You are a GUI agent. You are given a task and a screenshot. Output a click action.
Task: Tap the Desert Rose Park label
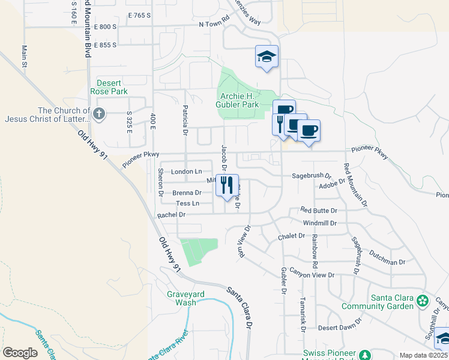click(x=109, y=87)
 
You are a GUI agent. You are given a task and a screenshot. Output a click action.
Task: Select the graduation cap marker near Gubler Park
click(x=267, y=57)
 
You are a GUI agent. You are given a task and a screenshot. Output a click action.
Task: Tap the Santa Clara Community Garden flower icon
click(x=423, y=300)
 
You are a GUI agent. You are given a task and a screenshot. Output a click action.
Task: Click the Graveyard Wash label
click(x=182, y=298)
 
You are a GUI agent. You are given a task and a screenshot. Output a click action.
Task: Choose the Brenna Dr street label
click(x=187, y=193)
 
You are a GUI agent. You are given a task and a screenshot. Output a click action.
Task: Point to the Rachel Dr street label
click(x=172, y=215)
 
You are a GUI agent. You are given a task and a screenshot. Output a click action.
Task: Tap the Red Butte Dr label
click(x=319, y=211)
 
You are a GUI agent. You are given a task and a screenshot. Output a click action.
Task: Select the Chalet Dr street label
click(x=292, y=236)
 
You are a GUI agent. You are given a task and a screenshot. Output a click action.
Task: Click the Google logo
click(x=20, y=353)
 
